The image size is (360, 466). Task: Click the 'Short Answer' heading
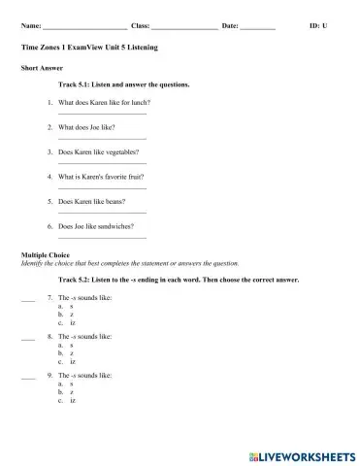click(41, 67)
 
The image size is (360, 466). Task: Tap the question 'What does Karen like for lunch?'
click(104, 102)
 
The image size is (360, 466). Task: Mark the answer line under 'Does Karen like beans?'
click(102, 213)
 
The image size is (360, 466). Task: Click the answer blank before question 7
click(27, 300)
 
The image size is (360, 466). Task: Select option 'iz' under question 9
click(73, 400)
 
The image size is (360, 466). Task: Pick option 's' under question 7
click(72, 306)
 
